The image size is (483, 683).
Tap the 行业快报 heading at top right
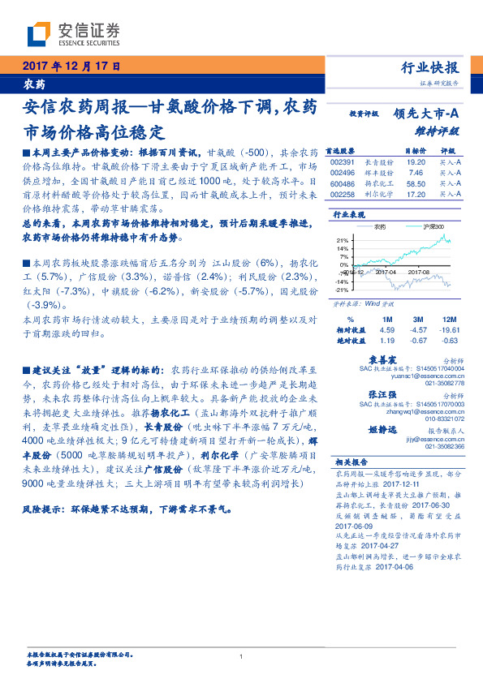pyautogui.click(x=430, y=68)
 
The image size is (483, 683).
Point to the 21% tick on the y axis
pyautogui.click(x=343, y=241)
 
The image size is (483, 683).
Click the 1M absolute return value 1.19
pyautogui.click(x=386, y=341)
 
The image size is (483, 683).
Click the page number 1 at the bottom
pyautogui.click(x=241, y=658)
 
